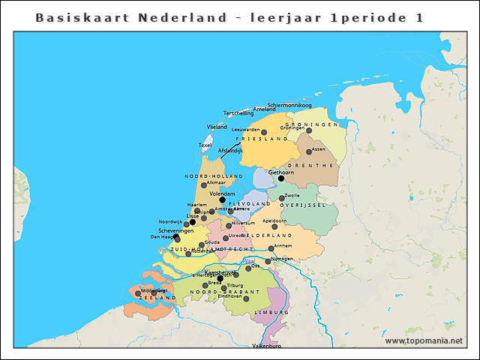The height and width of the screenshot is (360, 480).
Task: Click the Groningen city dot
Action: pyautogui.click(x=309, y=130)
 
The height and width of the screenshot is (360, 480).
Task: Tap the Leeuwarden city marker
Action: pyautogui.click(x=264, y=132)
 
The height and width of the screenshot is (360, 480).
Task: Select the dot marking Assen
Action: pyautogui.click(x=309, y=151)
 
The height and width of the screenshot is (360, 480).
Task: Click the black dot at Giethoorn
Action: pyautogui.click(x=281, y=178)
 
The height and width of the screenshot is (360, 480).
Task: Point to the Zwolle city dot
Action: pyautogui.click(x=282, y=198)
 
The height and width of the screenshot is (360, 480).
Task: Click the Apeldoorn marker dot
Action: pyautogui.click(x=274, y=226)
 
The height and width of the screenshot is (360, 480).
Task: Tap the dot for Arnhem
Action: pyautogui.click(x=271, y=248)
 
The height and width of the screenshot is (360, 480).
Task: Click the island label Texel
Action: pyautogui.click(x=205, y=145)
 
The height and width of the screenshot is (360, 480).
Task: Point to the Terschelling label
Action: pyautogui.click(x=238, y=113)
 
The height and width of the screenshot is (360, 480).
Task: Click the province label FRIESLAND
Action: pyautogui.click(x=262, y=139)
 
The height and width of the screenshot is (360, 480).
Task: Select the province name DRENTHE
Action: pyautogui.click(x=316, y=165)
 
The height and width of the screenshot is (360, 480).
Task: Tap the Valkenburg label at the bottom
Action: pyautogui.click(x=265, y=346)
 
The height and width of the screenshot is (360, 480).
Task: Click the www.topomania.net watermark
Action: pyautogui.click(x=424, y=340)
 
